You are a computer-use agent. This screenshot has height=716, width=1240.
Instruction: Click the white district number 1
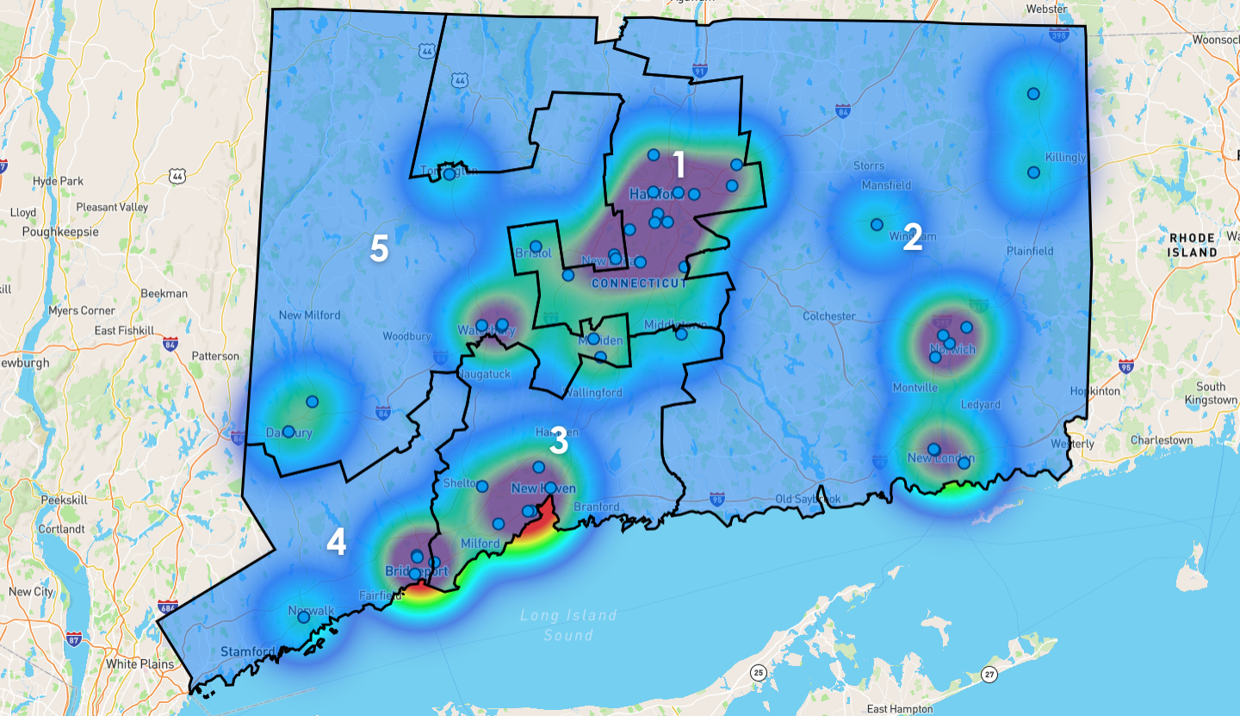click(x=679, y=164)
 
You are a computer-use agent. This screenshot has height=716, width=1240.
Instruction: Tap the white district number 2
click(x=913, y=239)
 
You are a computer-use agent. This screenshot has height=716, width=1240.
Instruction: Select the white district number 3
click(x=559, y=441)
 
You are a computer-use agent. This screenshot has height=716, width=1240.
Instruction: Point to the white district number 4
click(x=336, y=542)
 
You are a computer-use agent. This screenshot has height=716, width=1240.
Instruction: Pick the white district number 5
click(x=379, y=249)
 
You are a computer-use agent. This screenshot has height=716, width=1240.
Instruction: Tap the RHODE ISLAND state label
click(x=1193, y=245)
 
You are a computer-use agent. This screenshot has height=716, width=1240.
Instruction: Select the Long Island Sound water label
click(x=568, y=625)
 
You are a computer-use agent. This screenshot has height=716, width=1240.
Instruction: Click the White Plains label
click(x=139, y=664)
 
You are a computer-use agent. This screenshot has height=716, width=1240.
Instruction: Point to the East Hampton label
click(x=900, y=708)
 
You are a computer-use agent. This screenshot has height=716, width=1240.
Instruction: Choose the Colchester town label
click(x=828, y=316)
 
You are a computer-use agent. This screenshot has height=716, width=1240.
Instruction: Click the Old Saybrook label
click(x=808, y=499)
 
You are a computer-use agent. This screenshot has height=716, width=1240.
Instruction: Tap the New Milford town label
click(x=309, y=315)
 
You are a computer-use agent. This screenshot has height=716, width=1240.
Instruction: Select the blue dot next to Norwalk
click(x=303, y=617)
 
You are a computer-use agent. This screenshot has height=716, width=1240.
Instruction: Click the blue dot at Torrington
click(x=449, y=174)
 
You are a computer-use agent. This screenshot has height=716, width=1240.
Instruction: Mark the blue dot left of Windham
click(x=877, y=224)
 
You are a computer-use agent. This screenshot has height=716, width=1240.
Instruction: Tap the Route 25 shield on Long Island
click(x=758, y=672)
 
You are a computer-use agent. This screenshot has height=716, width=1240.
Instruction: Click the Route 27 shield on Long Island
click(x=989, y=673)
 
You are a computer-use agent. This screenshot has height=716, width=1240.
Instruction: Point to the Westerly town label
click(x=1072, y=444)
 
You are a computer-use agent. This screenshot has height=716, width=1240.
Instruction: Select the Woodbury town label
click(x=400, y=336)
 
